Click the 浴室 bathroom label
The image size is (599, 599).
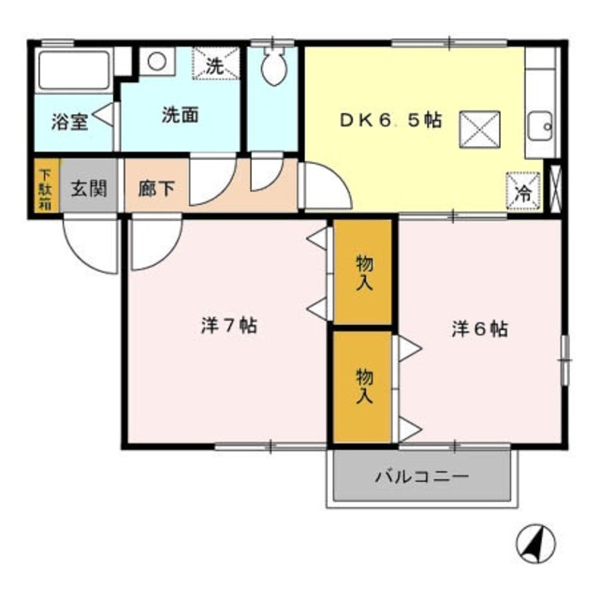(x=70, y=121)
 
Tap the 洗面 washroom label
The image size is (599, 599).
(x=180, y=116)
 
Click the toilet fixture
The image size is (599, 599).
(x=274, y=67)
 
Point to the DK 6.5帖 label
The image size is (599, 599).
(x=390, y=121)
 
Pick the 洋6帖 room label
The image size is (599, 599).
(x=480, y=329)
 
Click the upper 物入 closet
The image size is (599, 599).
(x=364, y=272)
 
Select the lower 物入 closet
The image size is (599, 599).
(x=364, y=385)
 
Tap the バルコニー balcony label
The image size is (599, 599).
(x=422, y=476)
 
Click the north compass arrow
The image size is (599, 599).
(x=536, y=541)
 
